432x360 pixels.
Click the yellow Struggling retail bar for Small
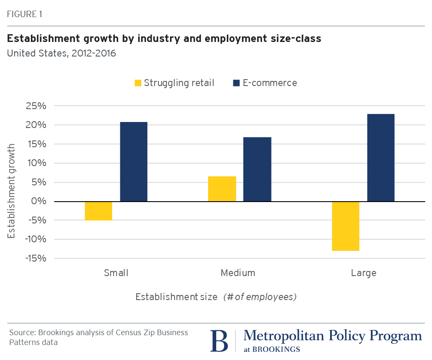(x=98, y=211)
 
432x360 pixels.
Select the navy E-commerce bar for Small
(x=134, y=162)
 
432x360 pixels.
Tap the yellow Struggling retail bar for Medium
(x=222, y=189)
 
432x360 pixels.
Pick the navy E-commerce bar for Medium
(x=257, y=169)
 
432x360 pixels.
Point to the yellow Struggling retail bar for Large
(x=346, y=226)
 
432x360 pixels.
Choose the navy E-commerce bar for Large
(x=381, y=158)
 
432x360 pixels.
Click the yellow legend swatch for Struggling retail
(x=138, y=83)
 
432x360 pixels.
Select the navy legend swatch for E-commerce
(x=236, y=83)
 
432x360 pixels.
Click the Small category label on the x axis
(x=116, y=273)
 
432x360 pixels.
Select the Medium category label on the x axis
(x=238, y=273)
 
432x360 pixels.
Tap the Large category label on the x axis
(x=363, y=273)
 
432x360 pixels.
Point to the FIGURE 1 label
(x=24, y=14)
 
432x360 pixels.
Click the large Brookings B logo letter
(x=219, y=341)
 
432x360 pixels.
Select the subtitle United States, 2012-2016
(x=61, y=54)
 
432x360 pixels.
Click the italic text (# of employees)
(x=260, y=297)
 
